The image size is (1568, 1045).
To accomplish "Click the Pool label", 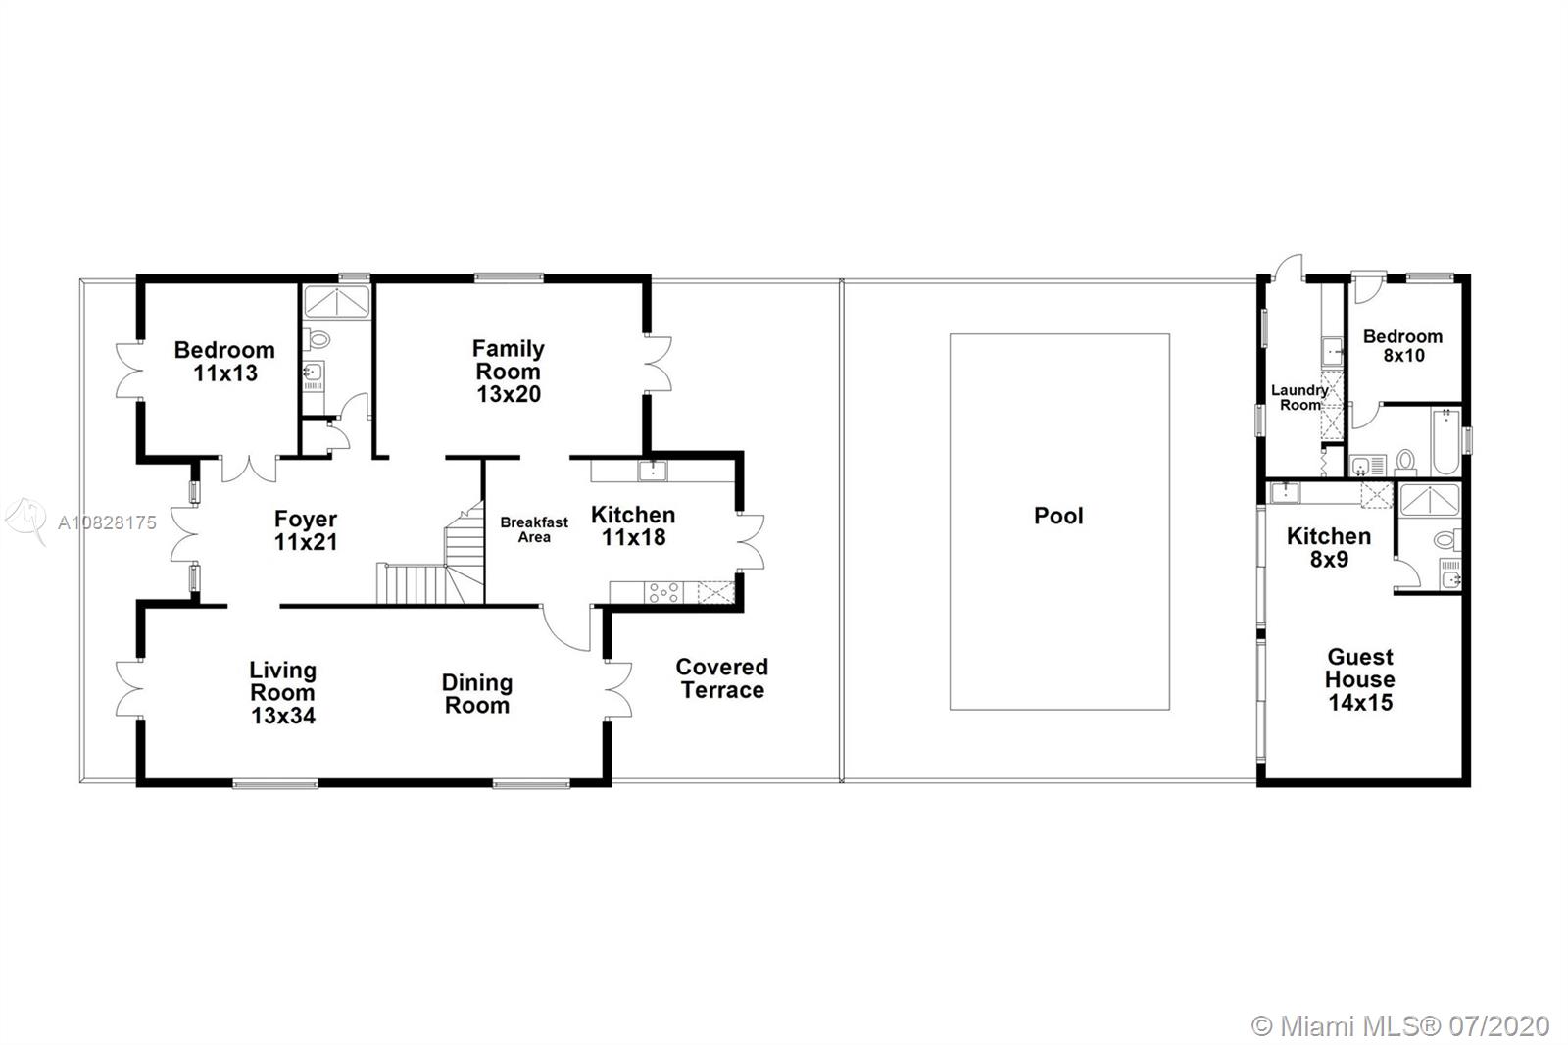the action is tap(1058, 517).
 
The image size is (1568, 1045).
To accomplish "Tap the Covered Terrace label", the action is tap(721, 678).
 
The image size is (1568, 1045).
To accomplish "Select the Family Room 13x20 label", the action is tap(509, 372).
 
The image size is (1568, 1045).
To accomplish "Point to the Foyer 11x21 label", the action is tap(306, 530).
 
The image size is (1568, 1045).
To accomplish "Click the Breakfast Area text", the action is tap(534, 529).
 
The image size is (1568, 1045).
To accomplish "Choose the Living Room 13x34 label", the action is tap(283, 693).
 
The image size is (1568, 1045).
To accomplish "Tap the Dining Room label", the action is tap(476, 693).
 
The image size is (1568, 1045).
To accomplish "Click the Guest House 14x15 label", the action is tap(1360, 679).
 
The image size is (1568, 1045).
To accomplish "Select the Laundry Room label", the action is tap(1299, 397).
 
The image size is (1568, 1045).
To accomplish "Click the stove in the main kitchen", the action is tap(662, 592).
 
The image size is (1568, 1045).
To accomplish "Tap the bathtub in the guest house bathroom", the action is tap(1446, 441).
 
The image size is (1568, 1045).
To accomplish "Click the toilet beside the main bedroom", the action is tap(317, 340).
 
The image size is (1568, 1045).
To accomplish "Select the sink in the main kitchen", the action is tap(653, 471).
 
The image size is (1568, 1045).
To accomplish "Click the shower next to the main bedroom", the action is tap(337, 302).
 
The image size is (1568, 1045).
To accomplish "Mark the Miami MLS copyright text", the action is tap(1400, 1026).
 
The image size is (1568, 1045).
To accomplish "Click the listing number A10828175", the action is tap(107, 522).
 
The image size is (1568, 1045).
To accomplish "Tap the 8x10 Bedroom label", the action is tap(1402, 346).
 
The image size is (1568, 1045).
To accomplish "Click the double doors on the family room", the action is tap(658, 364).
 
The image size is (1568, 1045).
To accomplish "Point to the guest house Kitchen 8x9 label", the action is tap(1329, 548).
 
